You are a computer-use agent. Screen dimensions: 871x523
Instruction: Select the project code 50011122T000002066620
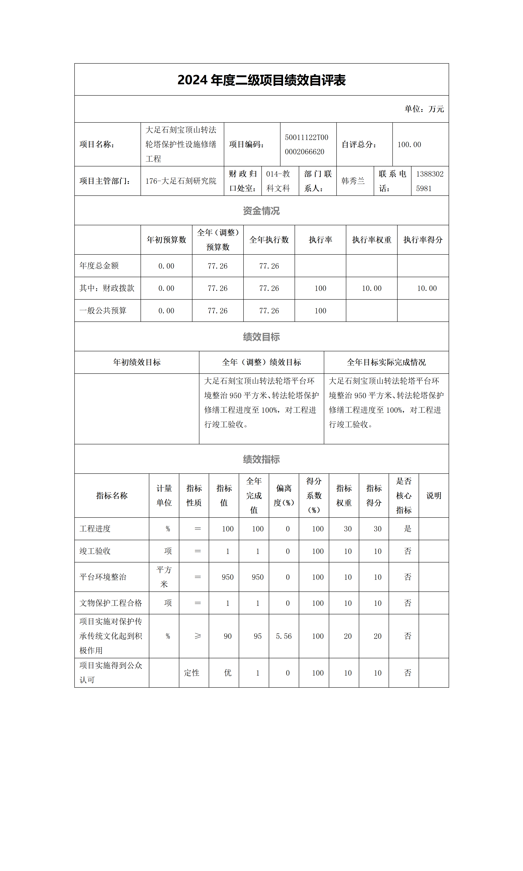(x=306, y=145)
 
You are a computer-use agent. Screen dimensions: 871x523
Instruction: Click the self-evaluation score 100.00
(x=409, y=145)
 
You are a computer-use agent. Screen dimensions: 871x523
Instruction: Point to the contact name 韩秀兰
(x=353, y=181)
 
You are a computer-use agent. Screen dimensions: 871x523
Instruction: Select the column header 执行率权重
(x=372, y=240)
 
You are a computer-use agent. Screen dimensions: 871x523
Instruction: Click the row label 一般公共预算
(x=103, y=311)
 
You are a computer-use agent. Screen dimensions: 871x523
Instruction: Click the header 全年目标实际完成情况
(x=386, y=362)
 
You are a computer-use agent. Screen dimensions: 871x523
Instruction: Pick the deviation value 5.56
(x=284, y=636)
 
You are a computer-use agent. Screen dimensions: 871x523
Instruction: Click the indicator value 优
(x=228, y=673)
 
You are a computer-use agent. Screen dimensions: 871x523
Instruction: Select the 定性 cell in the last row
(x=191, y=673)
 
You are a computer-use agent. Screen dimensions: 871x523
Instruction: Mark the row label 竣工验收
(x=95, y=551)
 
